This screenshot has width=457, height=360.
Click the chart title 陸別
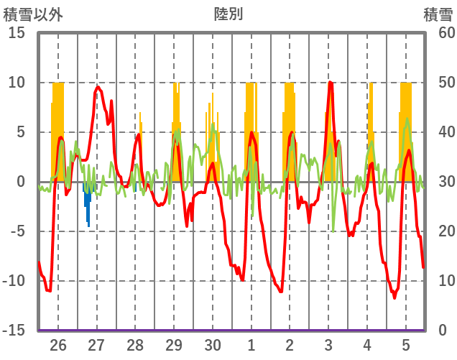pos(228,14)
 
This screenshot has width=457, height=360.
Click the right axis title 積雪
pos(438,14)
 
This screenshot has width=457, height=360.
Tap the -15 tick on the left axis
pos(14,331)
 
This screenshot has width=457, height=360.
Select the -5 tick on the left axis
pos(17,231)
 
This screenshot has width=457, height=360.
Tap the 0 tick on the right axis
pos(442,331)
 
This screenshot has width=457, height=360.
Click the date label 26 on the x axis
pos(58,344)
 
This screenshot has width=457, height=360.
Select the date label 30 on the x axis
pos(213,344)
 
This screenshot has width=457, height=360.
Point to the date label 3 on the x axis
pos(328,344)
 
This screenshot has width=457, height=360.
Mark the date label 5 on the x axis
pos(406,344)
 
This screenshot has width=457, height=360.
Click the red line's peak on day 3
pos(330,83)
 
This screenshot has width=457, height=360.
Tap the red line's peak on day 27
pos(98,87)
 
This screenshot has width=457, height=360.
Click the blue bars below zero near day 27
pos(88,205)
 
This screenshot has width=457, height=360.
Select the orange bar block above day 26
pos(58,129)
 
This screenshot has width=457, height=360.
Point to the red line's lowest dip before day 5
pos(394,297)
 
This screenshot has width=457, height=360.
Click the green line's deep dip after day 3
pos(333,231)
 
